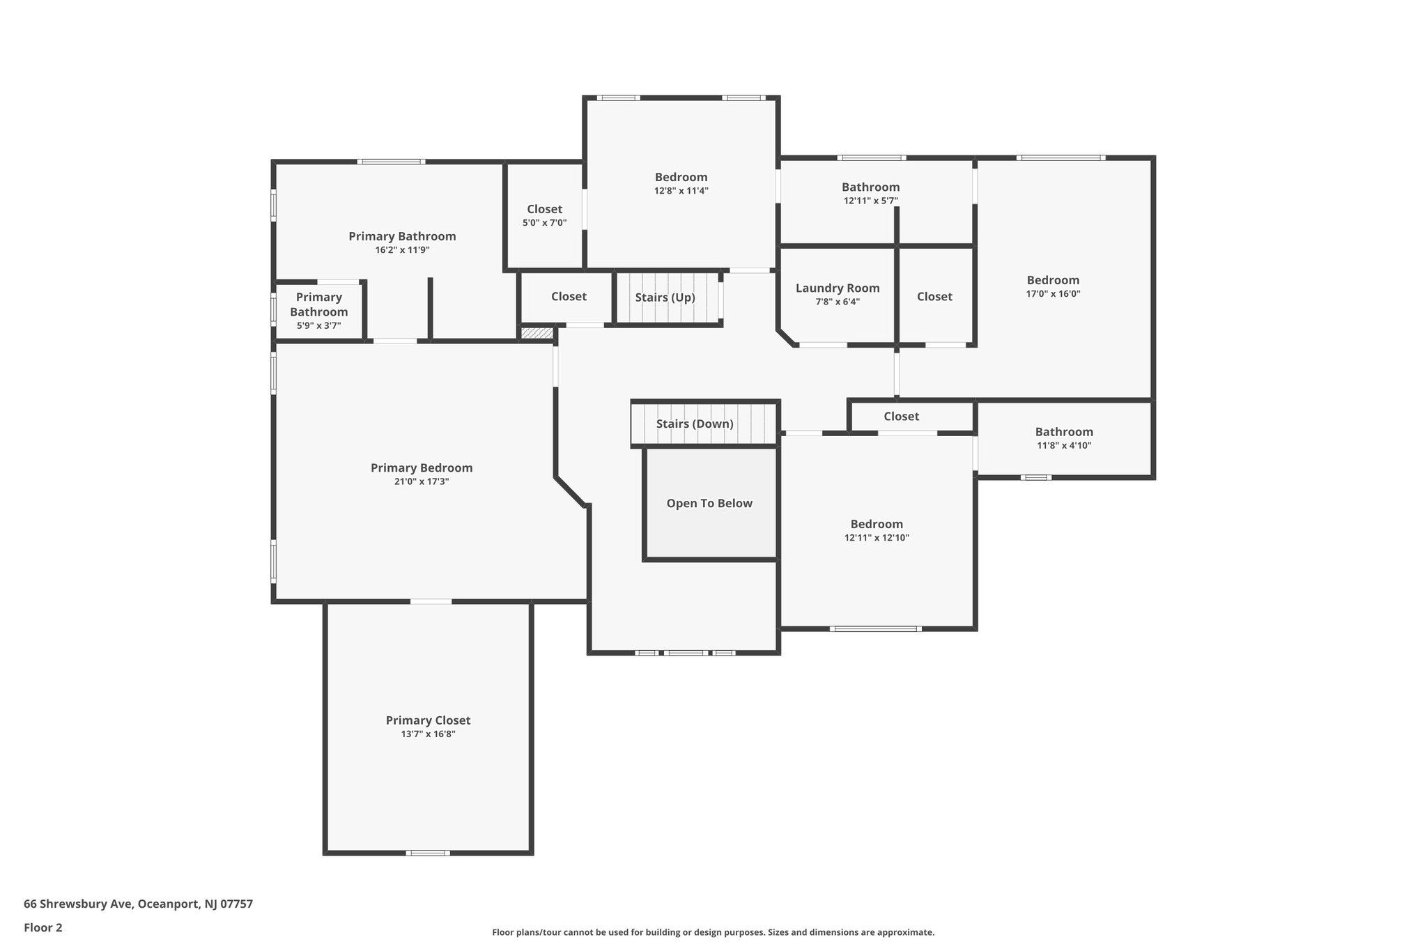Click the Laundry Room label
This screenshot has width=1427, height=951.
(838, 288)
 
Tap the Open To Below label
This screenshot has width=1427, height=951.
(709, 504)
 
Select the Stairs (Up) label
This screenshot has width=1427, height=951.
(665, 297)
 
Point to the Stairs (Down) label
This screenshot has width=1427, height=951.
(695, 424)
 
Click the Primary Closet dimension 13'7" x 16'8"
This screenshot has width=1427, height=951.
(428, 734)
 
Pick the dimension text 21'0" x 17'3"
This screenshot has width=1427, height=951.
(422, 481)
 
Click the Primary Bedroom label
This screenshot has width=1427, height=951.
(422, 468)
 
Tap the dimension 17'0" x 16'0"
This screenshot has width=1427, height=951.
(1053, 294)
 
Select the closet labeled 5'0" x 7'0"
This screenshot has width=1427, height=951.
(545, 210)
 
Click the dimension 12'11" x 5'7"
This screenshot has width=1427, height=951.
(870, 201)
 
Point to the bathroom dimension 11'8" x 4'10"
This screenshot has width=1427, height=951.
(1064, 446)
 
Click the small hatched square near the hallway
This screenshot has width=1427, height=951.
(537, 334)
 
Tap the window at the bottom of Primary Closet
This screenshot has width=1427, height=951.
(428, 853)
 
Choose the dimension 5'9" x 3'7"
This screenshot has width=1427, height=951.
(318, 325)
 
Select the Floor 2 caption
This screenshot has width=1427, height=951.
(43, 928)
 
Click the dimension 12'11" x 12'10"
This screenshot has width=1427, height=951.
(877, 538)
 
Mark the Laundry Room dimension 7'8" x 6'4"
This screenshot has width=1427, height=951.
(838, 302)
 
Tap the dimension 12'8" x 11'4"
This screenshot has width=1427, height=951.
(681, 191)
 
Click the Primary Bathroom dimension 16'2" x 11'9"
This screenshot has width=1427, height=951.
(402, 250)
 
